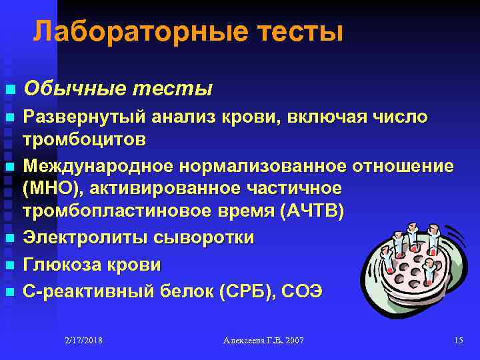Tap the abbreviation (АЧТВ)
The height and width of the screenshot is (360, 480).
[x=313, y=213]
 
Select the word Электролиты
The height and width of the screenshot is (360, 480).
[x=86, y=237]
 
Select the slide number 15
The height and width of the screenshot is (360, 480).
[x=457, y=341]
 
